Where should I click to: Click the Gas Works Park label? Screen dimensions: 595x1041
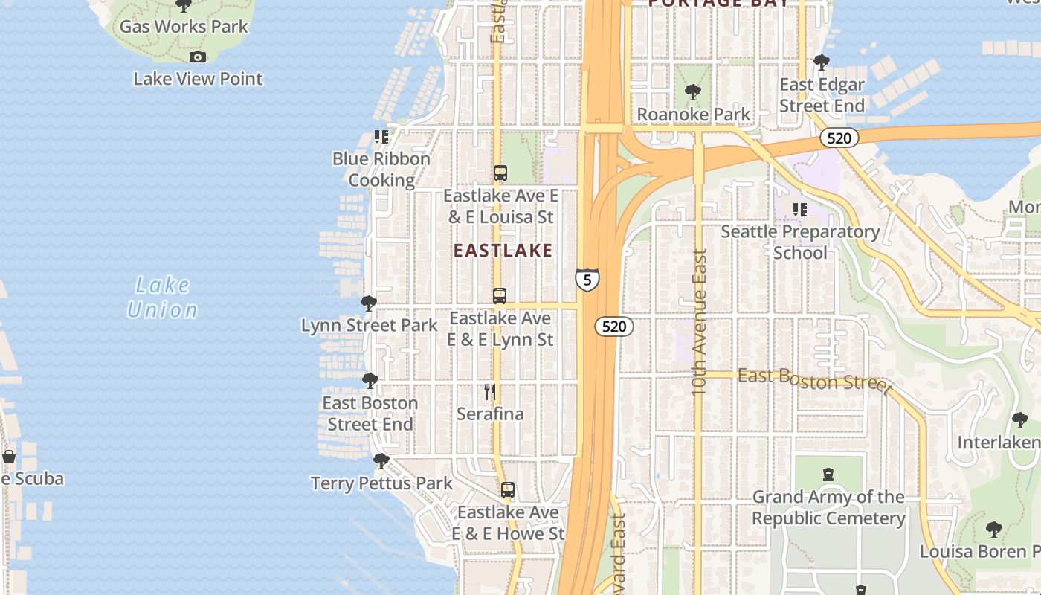click(x=184, y=27)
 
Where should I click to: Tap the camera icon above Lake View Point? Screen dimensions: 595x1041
click(x=197, y=57)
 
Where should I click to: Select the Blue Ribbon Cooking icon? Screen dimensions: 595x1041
click(x=381, y=137)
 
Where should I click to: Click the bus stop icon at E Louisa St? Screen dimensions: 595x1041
click(x=500, y=173)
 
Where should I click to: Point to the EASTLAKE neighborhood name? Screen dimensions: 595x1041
click(x=503, y=251)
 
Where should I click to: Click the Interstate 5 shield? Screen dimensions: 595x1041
click(x=587, y=280)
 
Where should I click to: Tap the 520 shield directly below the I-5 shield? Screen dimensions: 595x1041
click(x=614, y=327)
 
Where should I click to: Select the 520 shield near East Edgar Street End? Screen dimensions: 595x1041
click(x=839, y=138)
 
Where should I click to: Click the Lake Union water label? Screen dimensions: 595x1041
click(x=163, y=297)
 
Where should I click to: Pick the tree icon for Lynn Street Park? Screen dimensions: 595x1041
click(x=368, y=303)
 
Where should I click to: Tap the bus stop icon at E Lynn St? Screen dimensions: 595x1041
click(x=500, y=296)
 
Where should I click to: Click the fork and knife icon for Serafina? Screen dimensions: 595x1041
click(x=490, y=392)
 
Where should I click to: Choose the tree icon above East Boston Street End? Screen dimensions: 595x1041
click(x=370, y=381)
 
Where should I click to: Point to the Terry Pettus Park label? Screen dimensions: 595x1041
click(x=381, y=483)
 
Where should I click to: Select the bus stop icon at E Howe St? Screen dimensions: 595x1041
click(x=508, y=490)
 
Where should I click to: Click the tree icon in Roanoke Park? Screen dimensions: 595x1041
click(x=693, y=92)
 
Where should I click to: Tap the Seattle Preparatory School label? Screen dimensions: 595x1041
click(x=800, y=242)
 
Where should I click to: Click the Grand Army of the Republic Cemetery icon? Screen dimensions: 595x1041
click(x=828, y=475)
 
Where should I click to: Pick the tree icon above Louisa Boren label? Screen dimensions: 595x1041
click(x=993, y=530)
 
